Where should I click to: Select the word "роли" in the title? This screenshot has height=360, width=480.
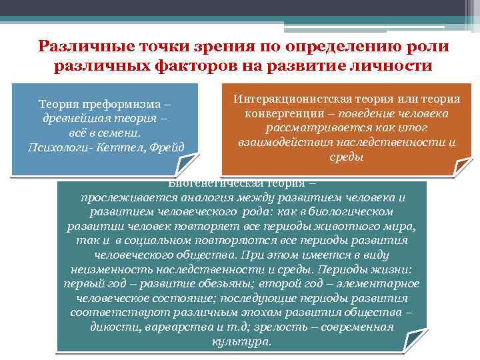tap(429, 47)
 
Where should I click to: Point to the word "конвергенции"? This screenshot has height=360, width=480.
tap(281, 113)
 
